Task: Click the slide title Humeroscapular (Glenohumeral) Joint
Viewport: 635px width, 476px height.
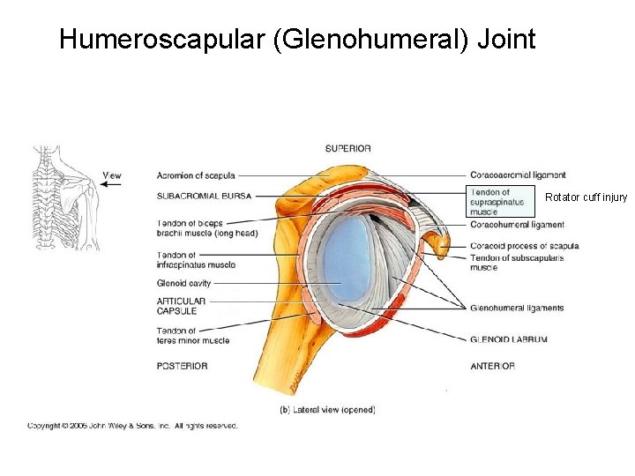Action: [x=297, y=40]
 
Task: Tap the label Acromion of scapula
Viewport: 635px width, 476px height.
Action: [x=196, y=175]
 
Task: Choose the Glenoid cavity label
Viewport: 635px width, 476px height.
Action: [x=183, y=284]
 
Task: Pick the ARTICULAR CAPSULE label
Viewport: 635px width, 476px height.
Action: [x=181, y=306]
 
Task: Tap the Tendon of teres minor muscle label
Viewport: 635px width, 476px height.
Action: [x=192, y=336]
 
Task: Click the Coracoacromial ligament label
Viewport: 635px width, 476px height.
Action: [x=518, y=175]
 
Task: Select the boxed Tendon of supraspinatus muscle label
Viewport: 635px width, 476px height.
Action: [x=499, y=202]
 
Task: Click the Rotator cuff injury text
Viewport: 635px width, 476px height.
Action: [x=586, y=197]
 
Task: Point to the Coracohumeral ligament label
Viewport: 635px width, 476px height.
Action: [x=517, y=225]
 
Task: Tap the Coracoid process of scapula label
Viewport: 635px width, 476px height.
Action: [x=524, y=246]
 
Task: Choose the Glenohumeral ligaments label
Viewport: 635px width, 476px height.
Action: [x=517, y=309]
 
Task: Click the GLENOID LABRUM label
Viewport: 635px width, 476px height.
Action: [x=509, y=339]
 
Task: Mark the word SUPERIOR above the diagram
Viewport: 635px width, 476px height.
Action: [x=348, y=148]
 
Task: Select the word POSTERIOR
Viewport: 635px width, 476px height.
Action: [x=183, y=366]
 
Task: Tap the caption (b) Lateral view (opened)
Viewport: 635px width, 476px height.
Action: [x=327, y=410]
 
